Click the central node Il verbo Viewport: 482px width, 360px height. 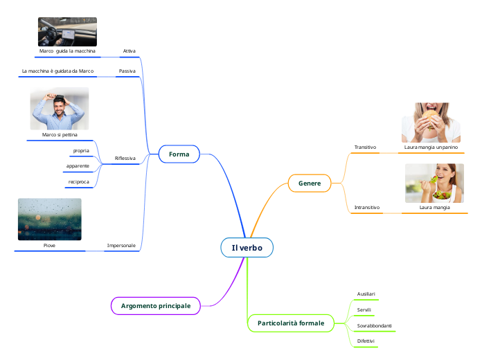point(247,248)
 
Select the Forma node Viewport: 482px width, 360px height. point(179,154)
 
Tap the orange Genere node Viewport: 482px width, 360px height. point(309,183)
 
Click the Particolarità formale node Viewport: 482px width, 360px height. point(290,323)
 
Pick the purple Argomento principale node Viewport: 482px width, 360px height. point(156,305)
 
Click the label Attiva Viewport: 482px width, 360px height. point(129,51)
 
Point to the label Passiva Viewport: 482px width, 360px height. point(127,71)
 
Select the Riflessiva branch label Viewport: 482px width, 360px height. point(125,159)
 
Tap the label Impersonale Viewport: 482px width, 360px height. point(120,245)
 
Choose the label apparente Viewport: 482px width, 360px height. point(78,166)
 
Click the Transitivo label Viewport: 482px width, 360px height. point(365,147)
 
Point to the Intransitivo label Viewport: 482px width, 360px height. point(367,207)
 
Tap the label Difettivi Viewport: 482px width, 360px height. point(366,341)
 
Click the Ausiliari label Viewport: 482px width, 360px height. point(366,294)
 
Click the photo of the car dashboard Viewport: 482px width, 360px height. point(67,32)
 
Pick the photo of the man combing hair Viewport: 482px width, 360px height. point(60,109)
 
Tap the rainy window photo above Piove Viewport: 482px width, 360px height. point(49,219)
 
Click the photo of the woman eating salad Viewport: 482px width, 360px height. point(434,183)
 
